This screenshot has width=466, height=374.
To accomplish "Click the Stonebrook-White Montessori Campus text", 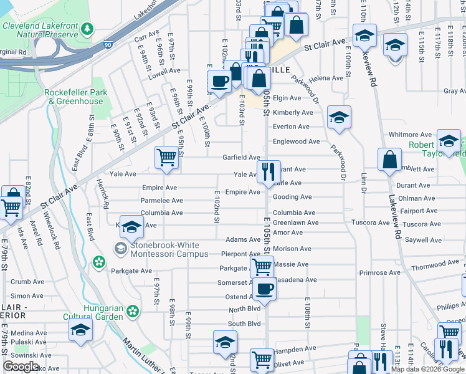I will [x=169, y=249].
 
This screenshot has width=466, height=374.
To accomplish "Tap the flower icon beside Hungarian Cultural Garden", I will [x=133, y=310].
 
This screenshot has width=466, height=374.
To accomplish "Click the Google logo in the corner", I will [x=21, y=366].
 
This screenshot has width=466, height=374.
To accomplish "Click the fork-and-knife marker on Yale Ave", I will [x=269, y=171].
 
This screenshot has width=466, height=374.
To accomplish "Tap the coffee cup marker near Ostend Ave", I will [x=265, y=289].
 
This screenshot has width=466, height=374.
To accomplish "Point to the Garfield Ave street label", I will [x=241, y=158].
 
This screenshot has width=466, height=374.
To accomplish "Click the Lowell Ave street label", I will [x=164, y=71].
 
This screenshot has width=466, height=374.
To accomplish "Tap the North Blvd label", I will [x=244, y=310].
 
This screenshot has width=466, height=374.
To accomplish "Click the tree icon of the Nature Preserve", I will [x=87, y=29].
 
